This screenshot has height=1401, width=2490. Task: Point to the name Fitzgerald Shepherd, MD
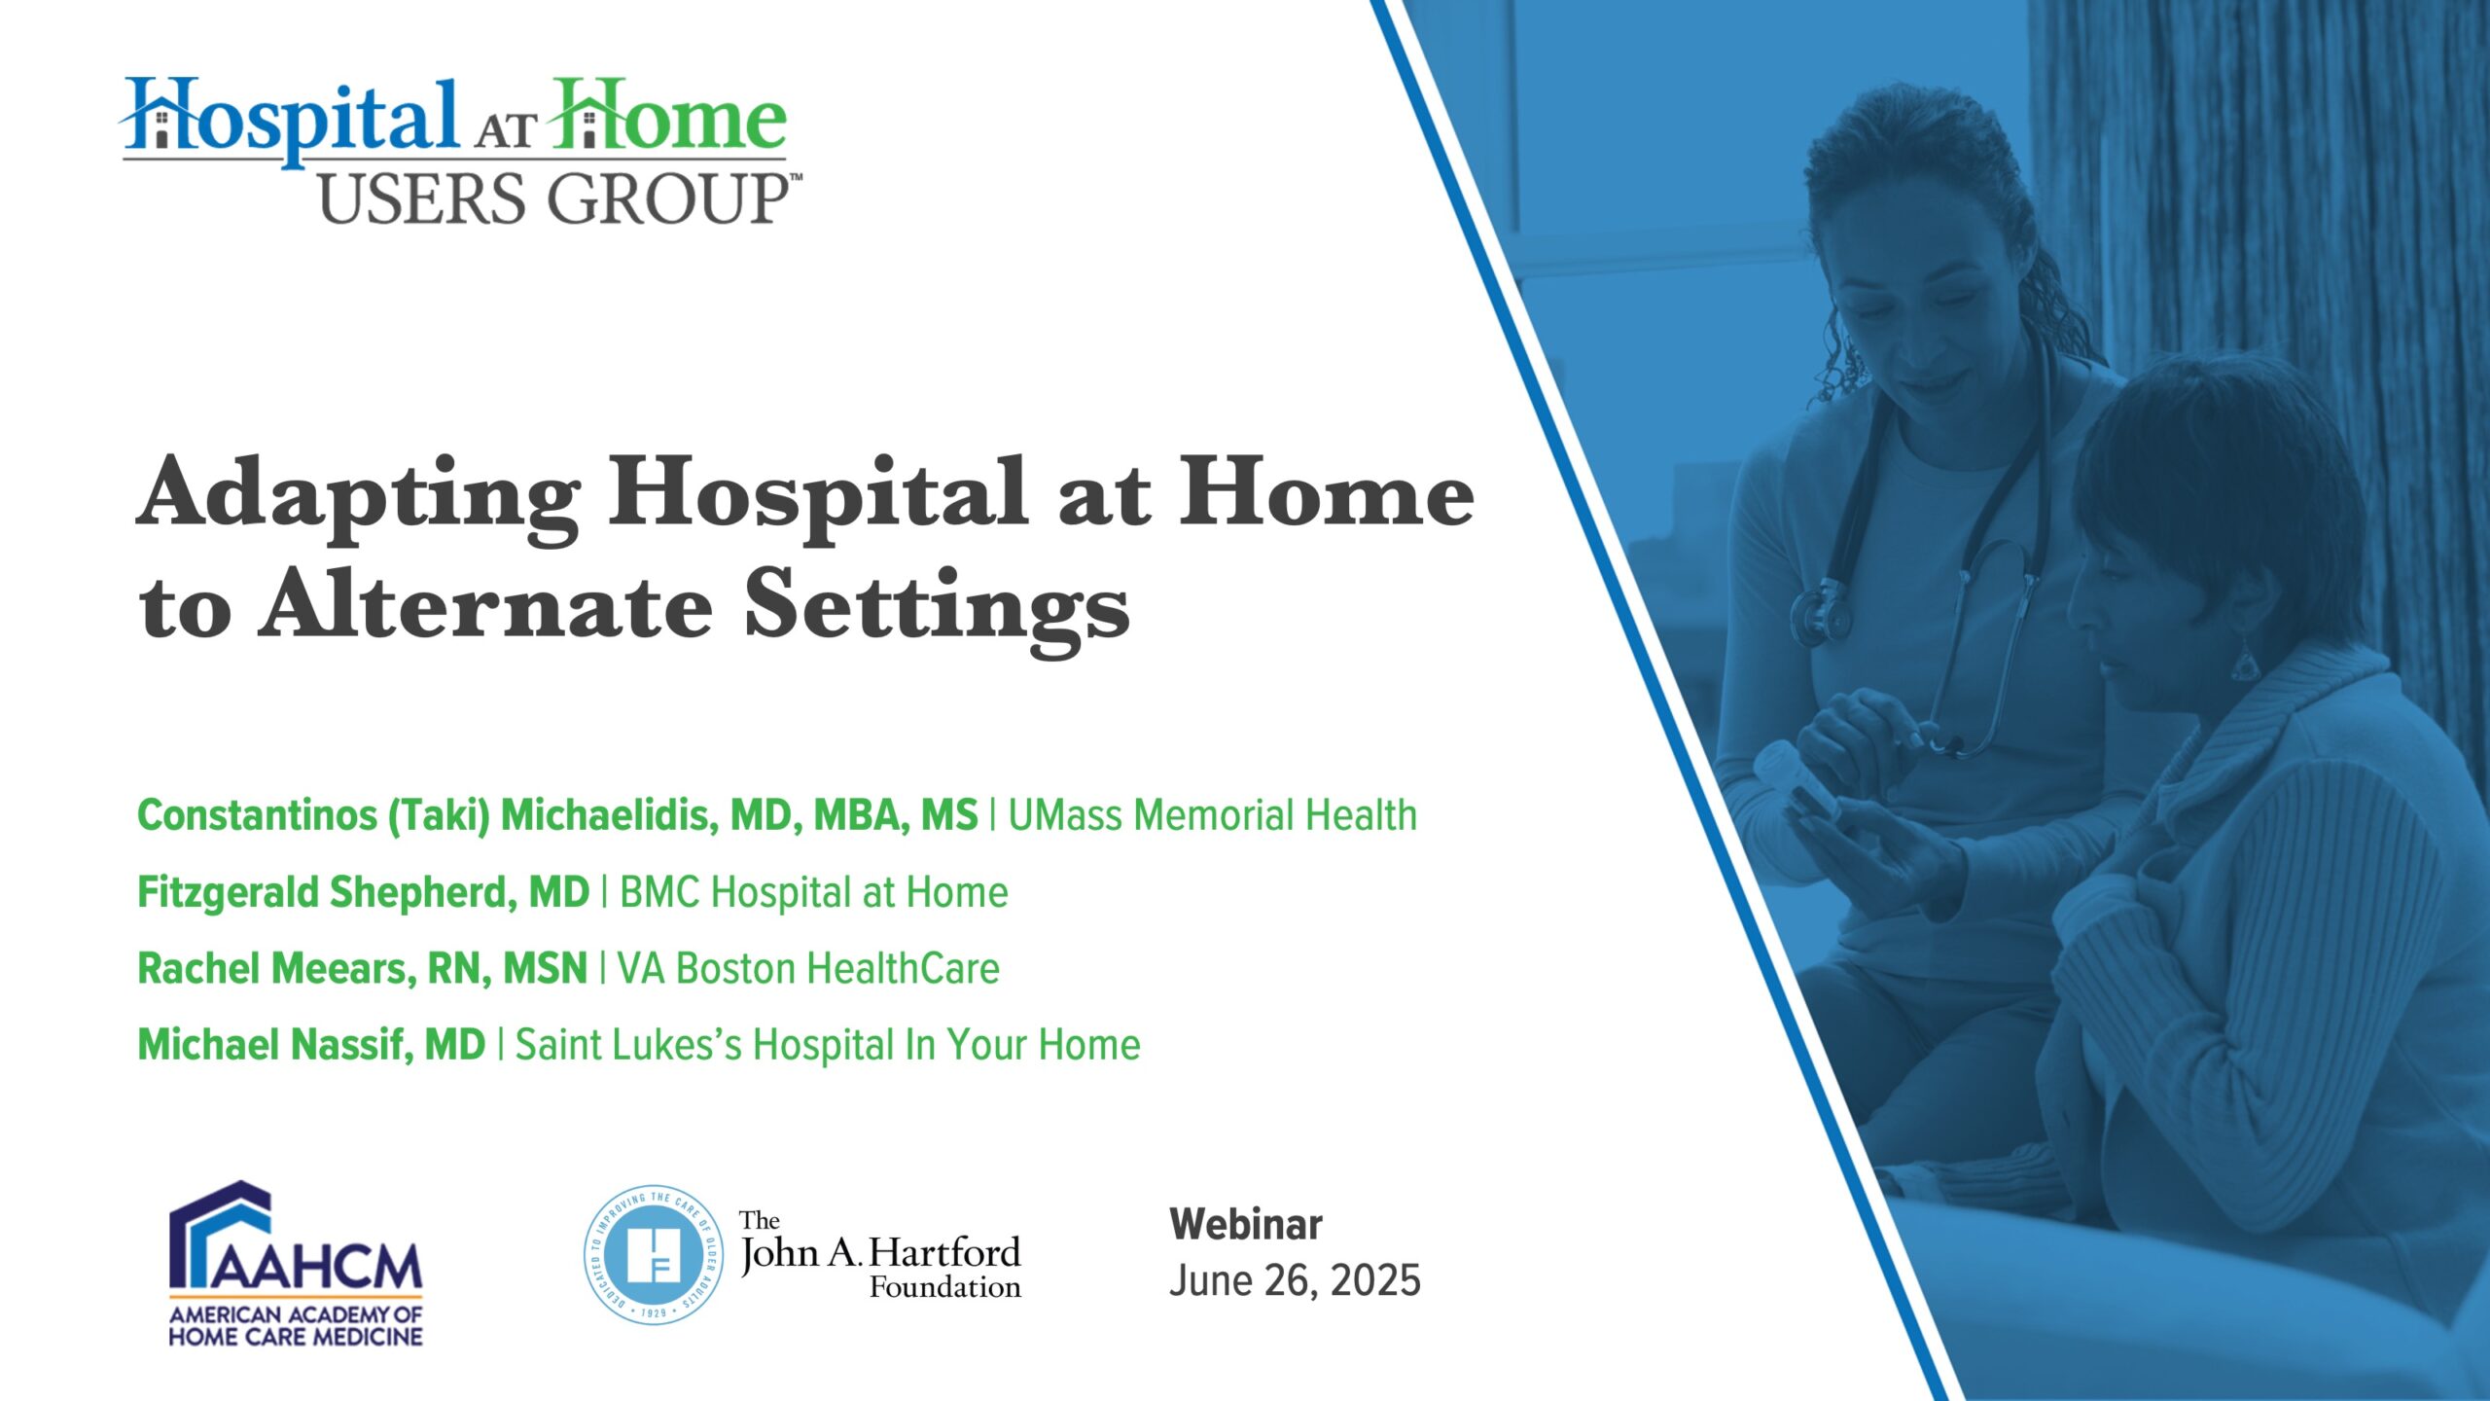click(x=364, y=892)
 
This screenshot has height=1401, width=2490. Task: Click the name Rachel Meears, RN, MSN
click(x=363, y=968)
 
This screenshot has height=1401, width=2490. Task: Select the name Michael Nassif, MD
click(x=311, y=1044)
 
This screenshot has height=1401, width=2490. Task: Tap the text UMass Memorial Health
click(x=1212, y=815)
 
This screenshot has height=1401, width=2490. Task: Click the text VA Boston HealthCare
click(x=808, y=968)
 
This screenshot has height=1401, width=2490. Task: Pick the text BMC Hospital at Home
click(x=814, y=892)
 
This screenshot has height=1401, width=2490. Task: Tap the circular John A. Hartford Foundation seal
click(x=654, y=1254)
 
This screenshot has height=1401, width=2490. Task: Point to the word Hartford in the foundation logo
click(x=944, y=1252)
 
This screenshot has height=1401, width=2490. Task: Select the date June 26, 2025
click(x=1295, y=1280)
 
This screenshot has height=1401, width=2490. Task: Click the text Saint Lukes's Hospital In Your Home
click(x=828, y=1044)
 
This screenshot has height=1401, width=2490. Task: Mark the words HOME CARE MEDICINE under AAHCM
click(x=296, y=1337)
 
